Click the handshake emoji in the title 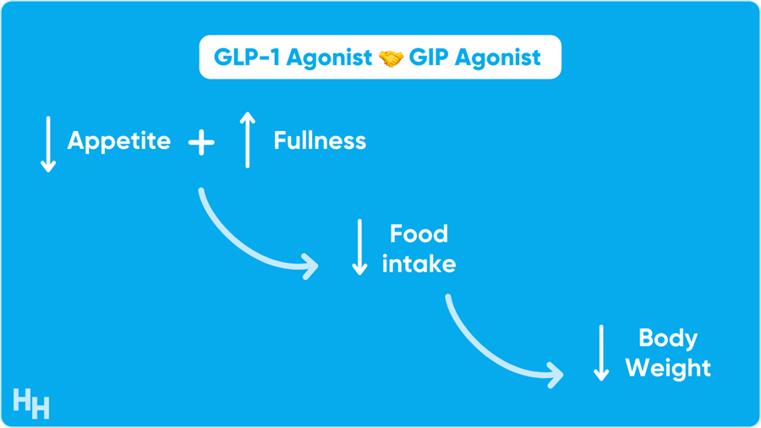pos(391,58)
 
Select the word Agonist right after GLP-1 pos(329,58)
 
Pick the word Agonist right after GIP pos(498,58)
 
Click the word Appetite pos(119,142)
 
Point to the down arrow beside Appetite pos(48,144)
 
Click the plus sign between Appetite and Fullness pos(201,143)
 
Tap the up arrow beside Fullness pos(248,140)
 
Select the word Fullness pos(320,140)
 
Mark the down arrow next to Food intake pos(359,247)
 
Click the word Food pos(419,234)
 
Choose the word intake pos(419,265)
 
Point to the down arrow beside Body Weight pos(601,353)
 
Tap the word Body pos(668,338)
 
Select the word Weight pos(668,368)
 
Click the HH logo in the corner pos(31,403)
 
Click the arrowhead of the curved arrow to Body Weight pos(556,375)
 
